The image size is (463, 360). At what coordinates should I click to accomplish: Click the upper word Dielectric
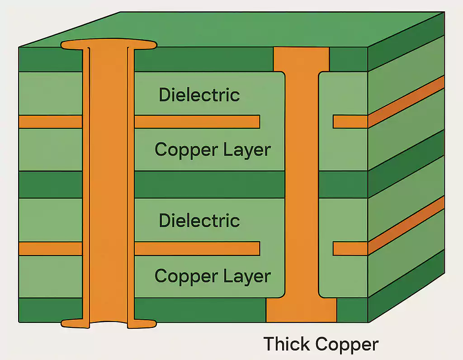pyautogui.click(x=199, y=95)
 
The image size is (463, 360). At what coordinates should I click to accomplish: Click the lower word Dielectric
pyautogui.click(x=199, y=221)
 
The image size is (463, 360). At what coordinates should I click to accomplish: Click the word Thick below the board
pyautogui.click(x=286, y=344)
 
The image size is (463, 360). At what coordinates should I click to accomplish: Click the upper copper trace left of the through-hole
pyautogui.click(x=50, y=122)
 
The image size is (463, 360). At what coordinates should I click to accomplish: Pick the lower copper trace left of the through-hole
pyautogui.click(x=50, y=248)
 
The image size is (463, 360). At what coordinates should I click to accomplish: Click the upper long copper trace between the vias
pyautogui.click(x=197, y=122)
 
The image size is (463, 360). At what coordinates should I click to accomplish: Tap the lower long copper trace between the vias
pyautogui.click(x=197, y=248)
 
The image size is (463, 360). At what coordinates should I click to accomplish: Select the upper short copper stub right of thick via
pyautogui.click(x=350, y=122)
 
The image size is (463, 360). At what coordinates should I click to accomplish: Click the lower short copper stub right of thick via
pyautogui.click(x=350, y=248)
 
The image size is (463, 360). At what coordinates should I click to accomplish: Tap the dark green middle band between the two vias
pyautogui.click(x=210, y=185)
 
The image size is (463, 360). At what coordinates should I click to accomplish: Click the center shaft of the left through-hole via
pyautogui.click(x=109, y=181)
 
